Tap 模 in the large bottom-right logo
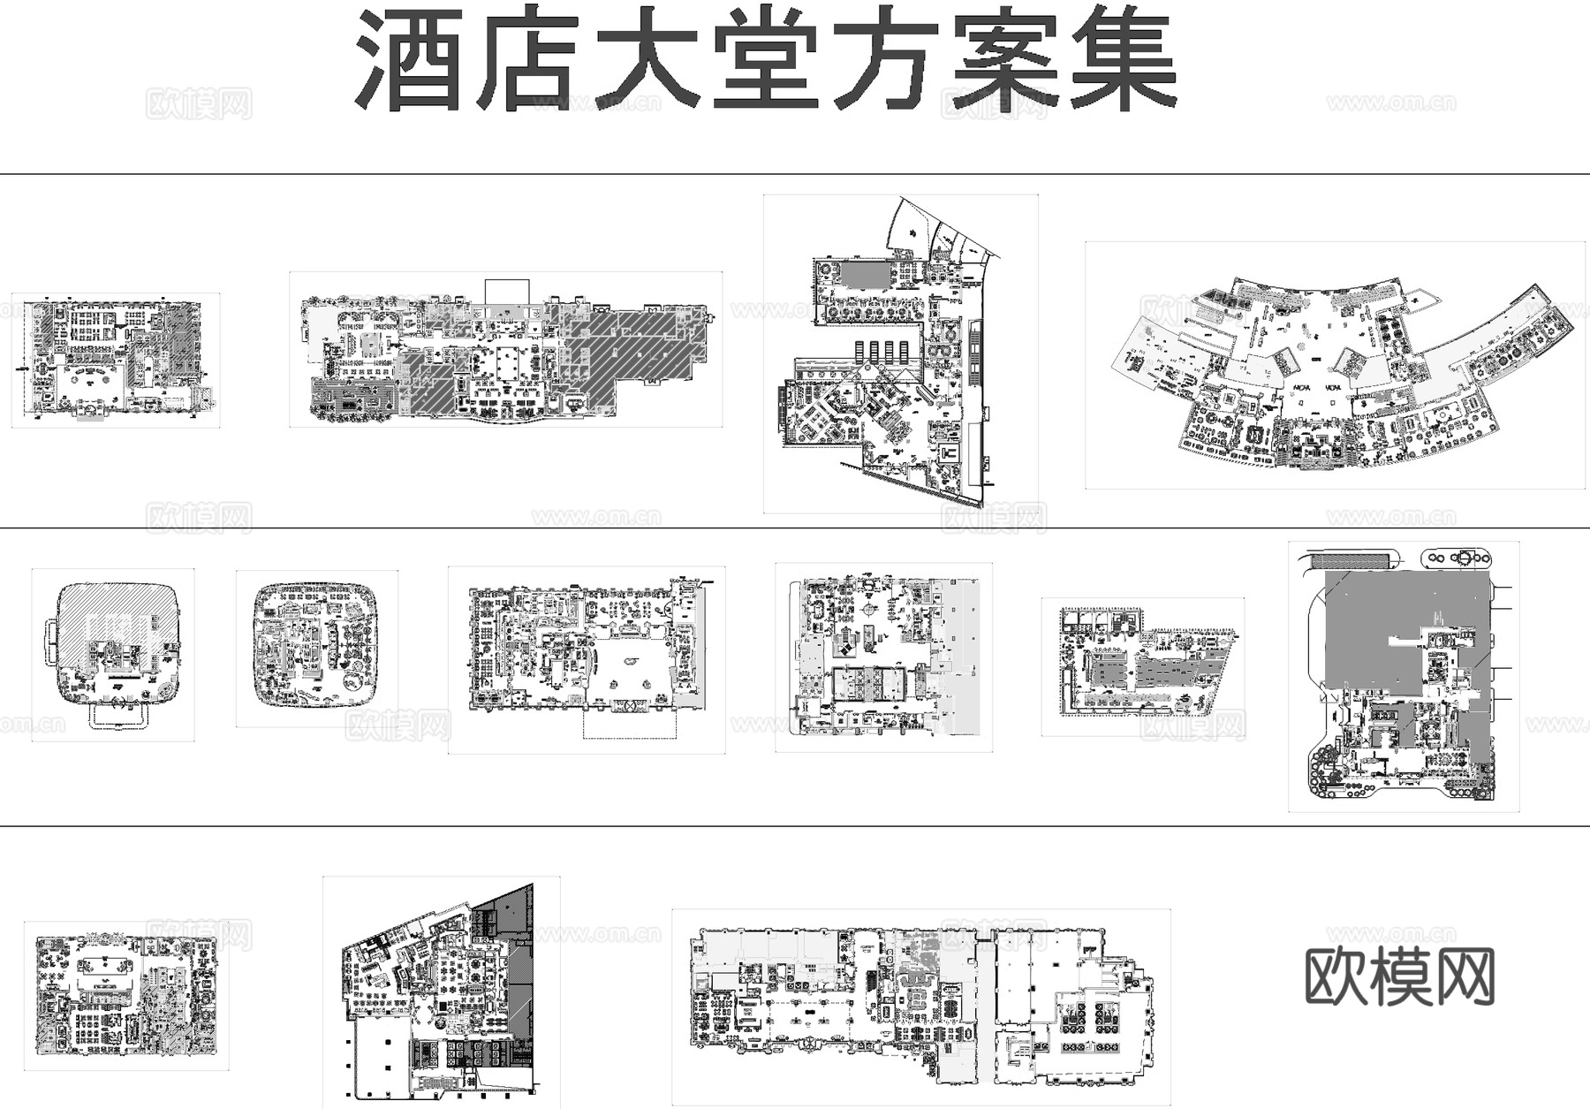(x=1399, y=976)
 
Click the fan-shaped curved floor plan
(x=1334, y=367)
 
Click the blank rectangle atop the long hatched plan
(x=507, y=291)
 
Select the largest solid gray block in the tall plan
(x=1396, y=627)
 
